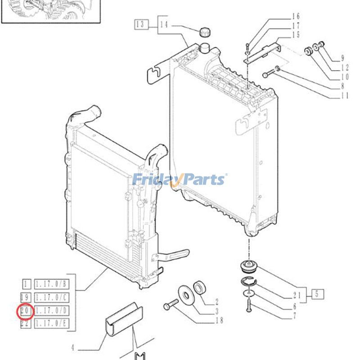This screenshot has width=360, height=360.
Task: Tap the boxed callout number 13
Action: (x=141, y=24)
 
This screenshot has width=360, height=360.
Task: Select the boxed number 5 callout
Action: (x=316, y=294)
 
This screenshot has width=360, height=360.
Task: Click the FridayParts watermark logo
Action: (x=180, y=180)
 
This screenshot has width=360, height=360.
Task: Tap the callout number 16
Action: (x=296, y=17)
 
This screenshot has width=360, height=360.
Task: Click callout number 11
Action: (x=344, y=95)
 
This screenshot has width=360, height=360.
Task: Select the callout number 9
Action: (x=342, y=58)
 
